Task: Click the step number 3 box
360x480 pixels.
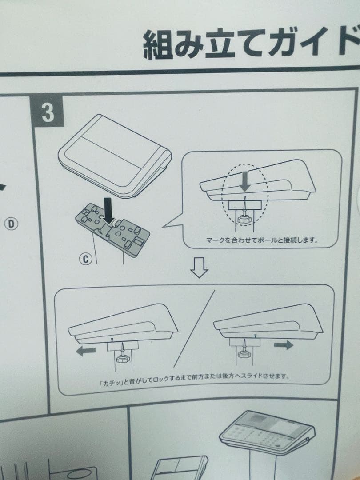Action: tap(47, 114)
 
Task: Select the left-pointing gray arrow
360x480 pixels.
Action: tap(86, 351)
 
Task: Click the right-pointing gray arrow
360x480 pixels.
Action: tap(283, 345)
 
